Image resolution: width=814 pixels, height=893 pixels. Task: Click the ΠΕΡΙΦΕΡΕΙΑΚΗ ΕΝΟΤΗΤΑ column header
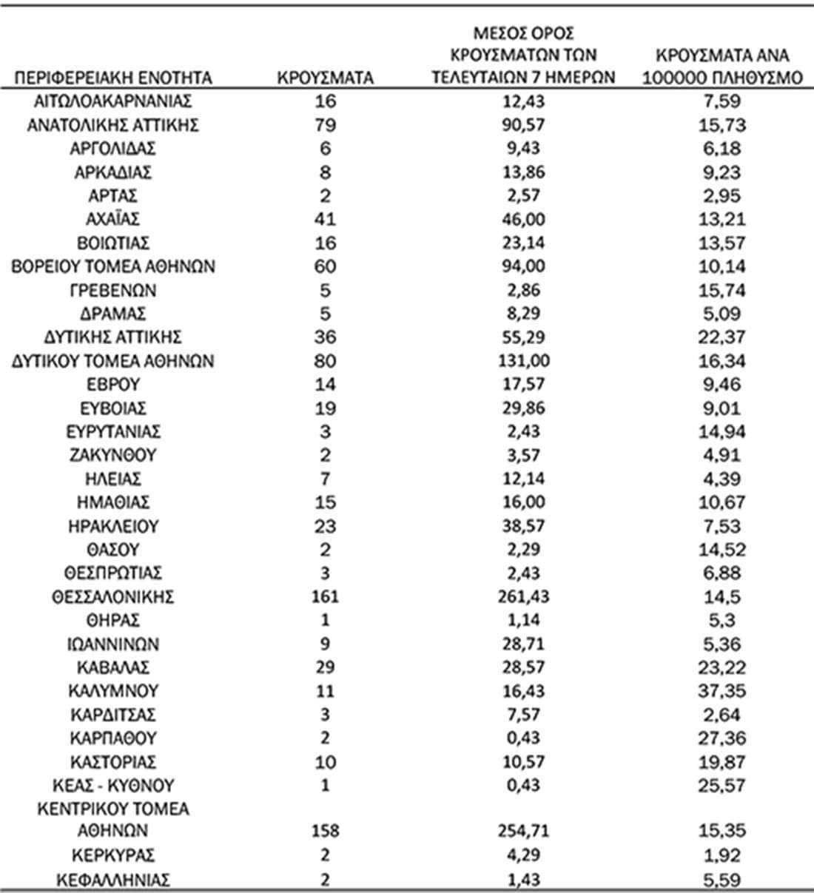tap(113, 78)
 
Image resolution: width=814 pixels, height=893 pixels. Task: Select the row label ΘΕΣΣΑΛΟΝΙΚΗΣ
tap(113, 597)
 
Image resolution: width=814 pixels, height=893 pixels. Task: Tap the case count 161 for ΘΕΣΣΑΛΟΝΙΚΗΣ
tap(325, 597)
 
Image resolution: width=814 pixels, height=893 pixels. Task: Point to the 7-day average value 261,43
tap(523, 597)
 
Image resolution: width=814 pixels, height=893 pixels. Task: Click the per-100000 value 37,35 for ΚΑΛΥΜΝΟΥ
tap(722, 691)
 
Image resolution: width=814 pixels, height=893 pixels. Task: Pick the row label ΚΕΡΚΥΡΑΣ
tap(113, 855)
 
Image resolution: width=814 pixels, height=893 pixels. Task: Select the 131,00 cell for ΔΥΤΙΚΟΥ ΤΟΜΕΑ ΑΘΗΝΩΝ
tap(523, 361)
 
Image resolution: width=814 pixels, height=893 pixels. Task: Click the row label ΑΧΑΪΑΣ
tap(113, 219)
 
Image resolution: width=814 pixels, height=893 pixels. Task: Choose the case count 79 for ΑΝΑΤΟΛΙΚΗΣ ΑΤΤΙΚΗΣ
tap(325, 124)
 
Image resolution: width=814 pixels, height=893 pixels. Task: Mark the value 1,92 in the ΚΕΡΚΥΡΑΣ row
tap(722, 855)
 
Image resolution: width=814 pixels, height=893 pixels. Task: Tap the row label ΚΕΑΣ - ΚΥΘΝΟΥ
tap(113, 785)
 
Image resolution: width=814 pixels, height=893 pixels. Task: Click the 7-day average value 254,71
tap(523, 831)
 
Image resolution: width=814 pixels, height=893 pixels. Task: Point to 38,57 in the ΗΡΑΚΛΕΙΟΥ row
tap(523, 526)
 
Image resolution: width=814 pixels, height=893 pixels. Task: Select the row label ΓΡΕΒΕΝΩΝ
tap(113, 290)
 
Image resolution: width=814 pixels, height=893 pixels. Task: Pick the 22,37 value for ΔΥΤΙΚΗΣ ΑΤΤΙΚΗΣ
tap(722, 337)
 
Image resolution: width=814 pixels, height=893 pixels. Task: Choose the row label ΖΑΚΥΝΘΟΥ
tap(113, 455)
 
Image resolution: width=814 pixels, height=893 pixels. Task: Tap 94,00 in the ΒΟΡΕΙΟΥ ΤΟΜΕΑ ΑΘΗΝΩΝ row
tap(523, 266)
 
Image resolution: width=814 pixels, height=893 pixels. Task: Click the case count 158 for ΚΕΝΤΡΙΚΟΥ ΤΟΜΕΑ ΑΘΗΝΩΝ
tap(325, 831)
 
